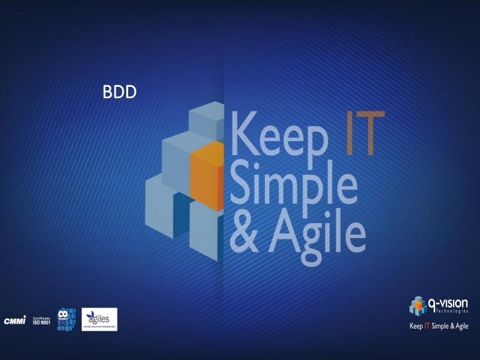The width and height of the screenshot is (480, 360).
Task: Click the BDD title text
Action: coord(120,92)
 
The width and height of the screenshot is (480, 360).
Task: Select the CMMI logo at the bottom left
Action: coord(15,320)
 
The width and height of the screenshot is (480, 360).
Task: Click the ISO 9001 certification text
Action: coord(41,321)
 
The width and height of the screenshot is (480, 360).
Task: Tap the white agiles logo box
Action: coord(99,319)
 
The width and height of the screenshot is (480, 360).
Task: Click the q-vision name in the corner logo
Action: coord(448,303)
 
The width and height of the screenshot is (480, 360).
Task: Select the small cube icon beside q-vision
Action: coord(417,306)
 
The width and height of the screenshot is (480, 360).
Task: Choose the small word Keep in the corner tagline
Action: coord(416,326)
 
